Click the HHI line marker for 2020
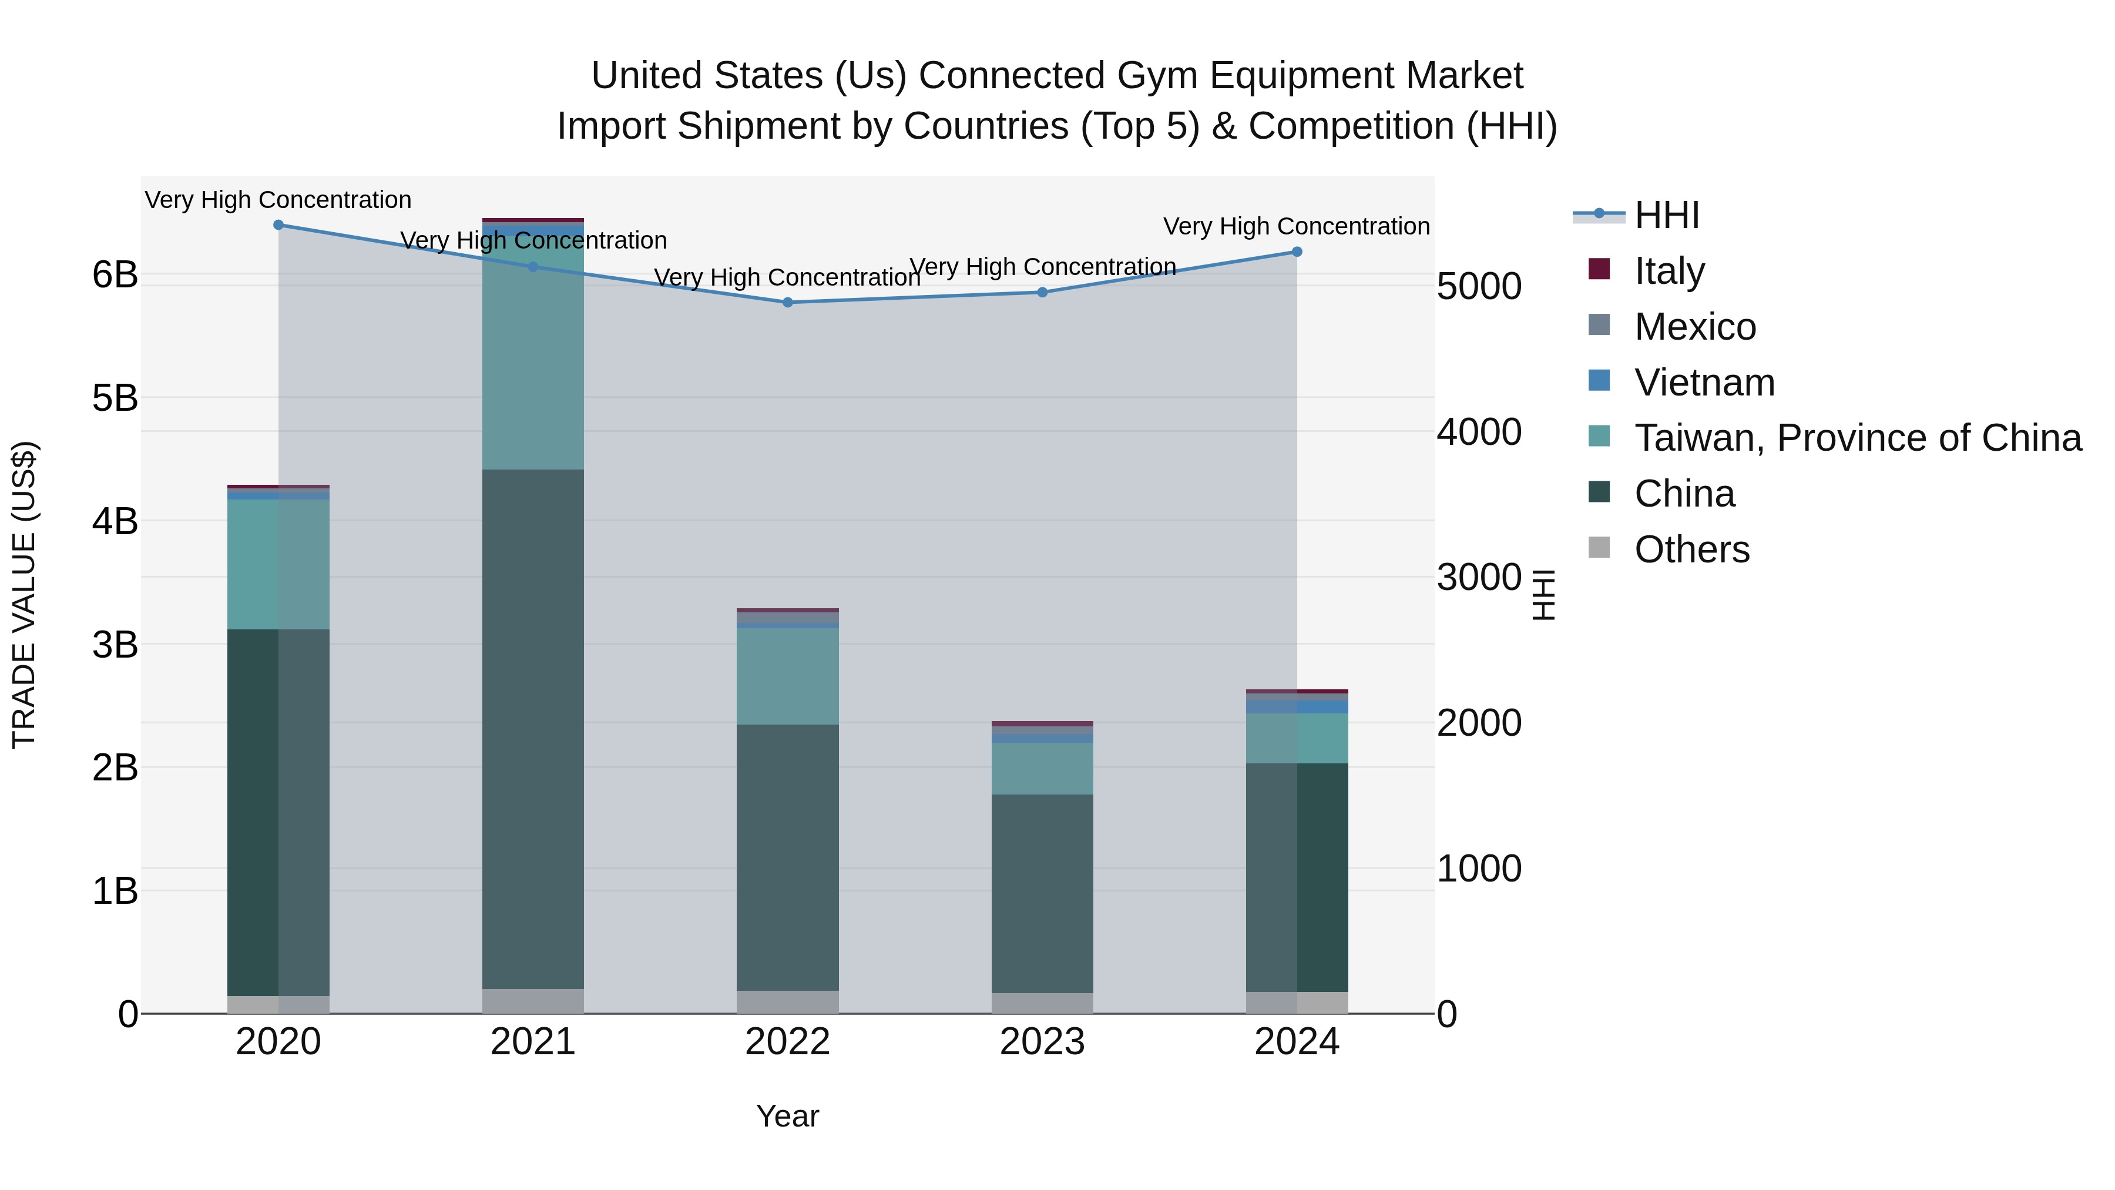278,225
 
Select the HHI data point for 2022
787,302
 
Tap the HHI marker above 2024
1297,252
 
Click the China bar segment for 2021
533,729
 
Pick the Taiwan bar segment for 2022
787,676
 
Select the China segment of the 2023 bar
1042,893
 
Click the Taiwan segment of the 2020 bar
278,564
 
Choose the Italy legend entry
1669,271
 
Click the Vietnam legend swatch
1599,381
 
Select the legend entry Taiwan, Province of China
1857,438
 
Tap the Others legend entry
1691,549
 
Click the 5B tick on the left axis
115,398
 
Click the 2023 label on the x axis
1042,1042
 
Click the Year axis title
787,1116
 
